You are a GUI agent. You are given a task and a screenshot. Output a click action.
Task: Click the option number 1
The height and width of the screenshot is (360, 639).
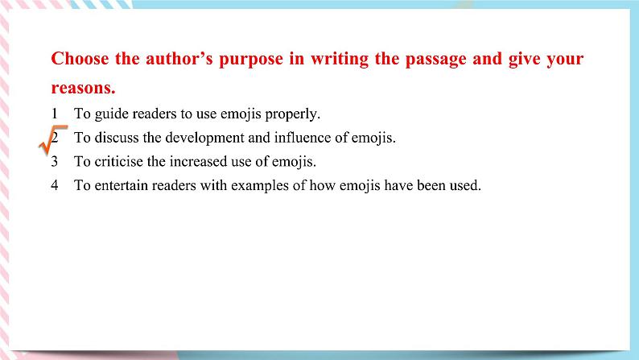coord(53,114)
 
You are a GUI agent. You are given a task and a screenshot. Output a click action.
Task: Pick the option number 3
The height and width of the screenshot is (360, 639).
coord(54,161)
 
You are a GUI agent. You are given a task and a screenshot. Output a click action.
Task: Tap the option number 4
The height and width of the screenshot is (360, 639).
coord(54,185)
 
